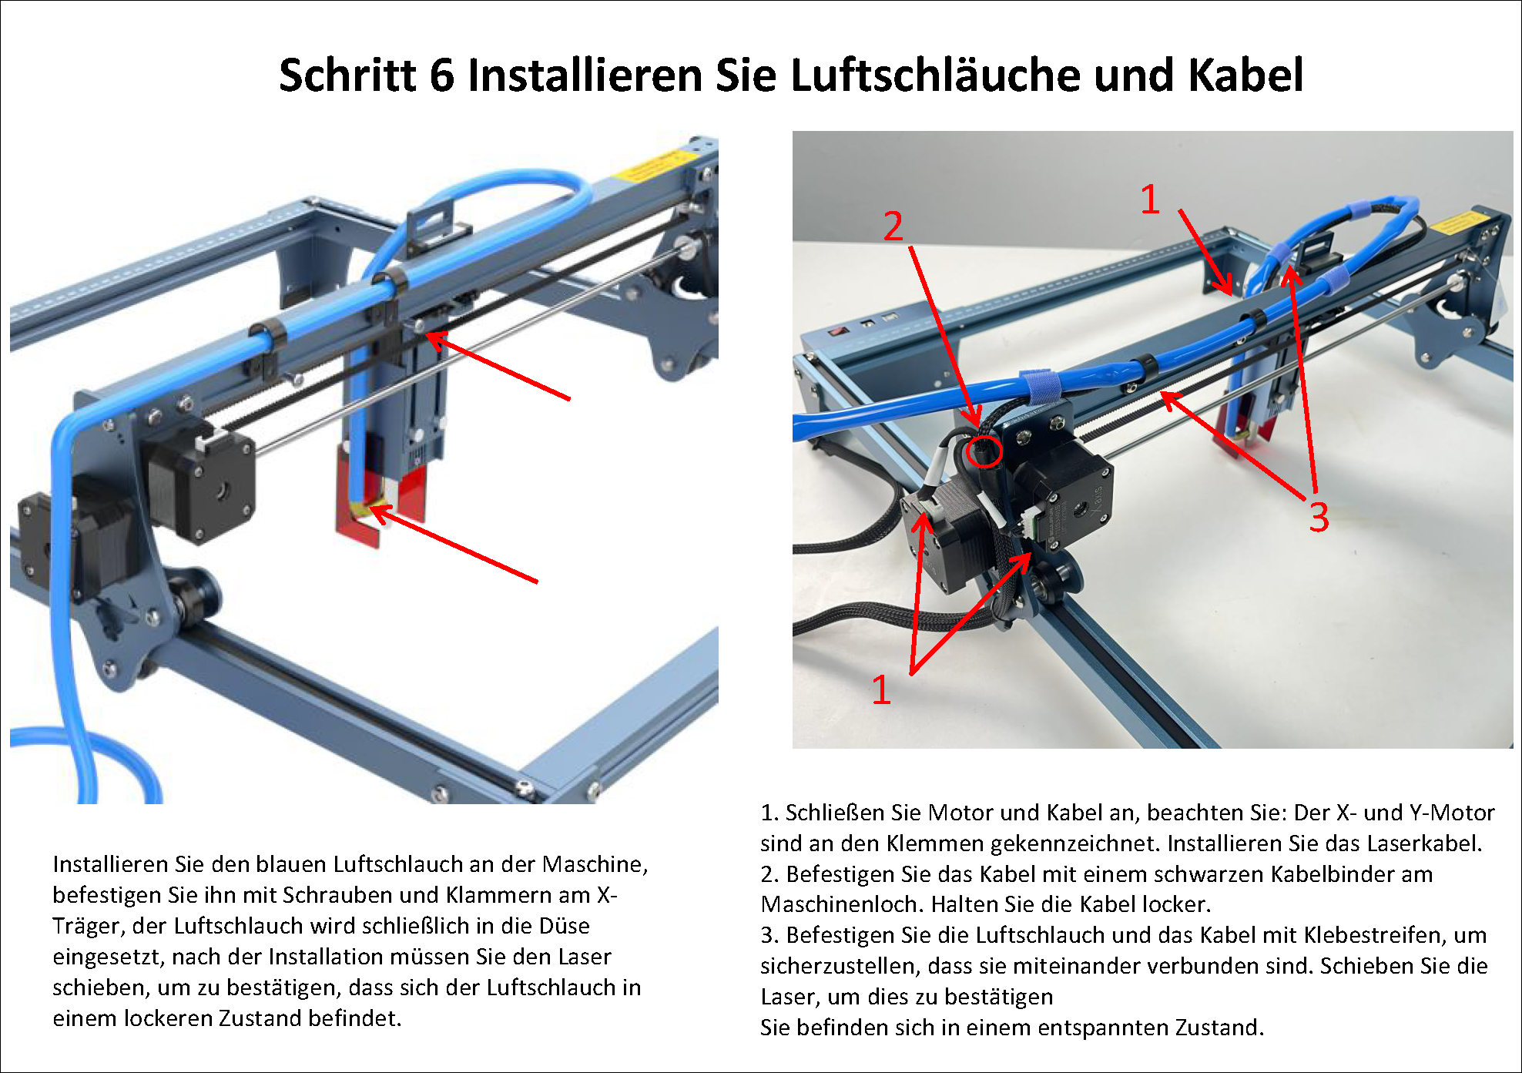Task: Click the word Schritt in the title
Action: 347,75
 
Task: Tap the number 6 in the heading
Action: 442,75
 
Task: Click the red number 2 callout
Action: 893,226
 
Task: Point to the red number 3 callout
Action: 1319,517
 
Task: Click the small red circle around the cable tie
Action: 984,451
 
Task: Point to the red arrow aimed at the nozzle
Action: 454,543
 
